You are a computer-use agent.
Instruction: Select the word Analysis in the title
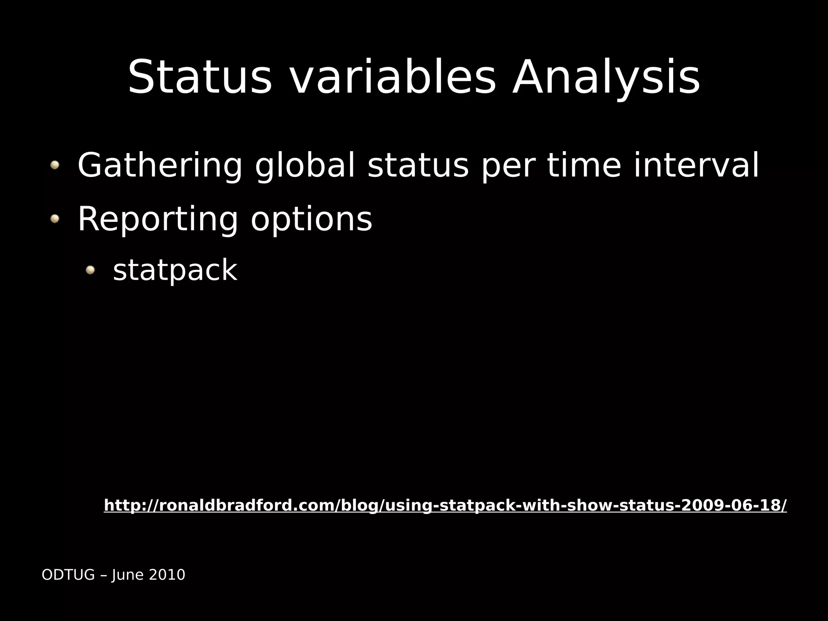[x=606, y=78]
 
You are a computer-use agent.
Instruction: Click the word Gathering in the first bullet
[x=160, y=166]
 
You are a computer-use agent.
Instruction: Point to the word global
[x=304, y=166]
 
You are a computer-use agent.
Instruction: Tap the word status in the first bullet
[x=418, y=166]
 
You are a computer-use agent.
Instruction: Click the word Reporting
[x=158, y=219]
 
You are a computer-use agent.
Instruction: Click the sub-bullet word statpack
[x=175, y=270]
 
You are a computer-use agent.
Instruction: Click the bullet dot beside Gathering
[x=55, y=165]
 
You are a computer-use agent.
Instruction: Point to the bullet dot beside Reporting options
[x=55, y=219]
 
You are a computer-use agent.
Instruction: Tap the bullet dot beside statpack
[x=90, y=269]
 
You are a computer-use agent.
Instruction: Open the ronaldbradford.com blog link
[x=445, y=505]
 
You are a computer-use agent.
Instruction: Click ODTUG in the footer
[x=68, y=575]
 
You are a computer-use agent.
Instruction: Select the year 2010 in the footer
[x=167, y=575]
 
